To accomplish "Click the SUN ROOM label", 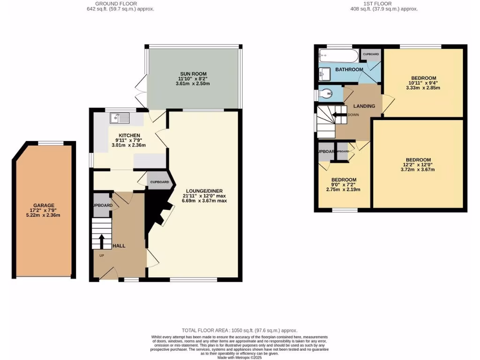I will pos(192,75).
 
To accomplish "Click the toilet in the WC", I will pos(325,94).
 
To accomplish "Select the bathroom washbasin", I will pos(324,73).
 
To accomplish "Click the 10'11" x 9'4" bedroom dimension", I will pos(423,83).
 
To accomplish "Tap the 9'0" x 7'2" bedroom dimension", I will pos(344,185).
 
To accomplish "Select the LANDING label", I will pos(364,106).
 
